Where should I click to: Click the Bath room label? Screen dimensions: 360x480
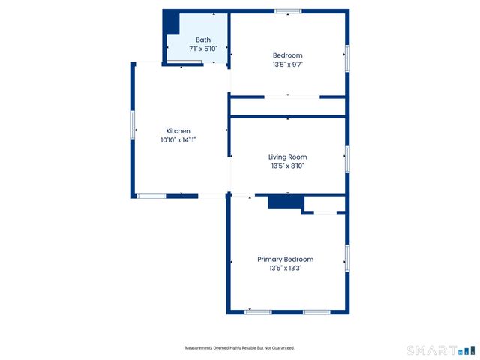pyautogui.click(x=203, y=40)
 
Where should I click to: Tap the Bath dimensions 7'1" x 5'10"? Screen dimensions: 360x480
pyautogui.click(x=203, y=49)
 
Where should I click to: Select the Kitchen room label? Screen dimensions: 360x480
pyautogui.click(x=178, y=131)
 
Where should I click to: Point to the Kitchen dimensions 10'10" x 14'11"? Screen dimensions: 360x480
pyautogui.click(x=178, y=139)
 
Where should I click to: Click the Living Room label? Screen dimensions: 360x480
pyautogui.click(x=288, y=157)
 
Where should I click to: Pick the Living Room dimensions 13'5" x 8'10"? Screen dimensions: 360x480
pyautogui.click(x=288, y=166)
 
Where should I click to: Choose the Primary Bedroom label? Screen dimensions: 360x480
pyautogui.click(x=285, y=259)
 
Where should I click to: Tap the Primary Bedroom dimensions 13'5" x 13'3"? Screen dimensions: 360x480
pyautogui.click(x=285, y=268)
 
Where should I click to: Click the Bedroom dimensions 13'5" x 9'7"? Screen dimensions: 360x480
pyautogui.click(x=288, y=64)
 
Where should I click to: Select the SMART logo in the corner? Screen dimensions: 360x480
pyautogui.click(x=440, y=349)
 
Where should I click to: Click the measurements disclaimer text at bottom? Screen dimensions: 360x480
pyautogui.click(x=240, y=348)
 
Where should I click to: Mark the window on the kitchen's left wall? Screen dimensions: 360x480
pyautogui.click(x=133, y=124)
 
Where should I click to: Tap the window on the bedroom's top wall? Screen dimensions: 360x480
pyautogui.click(x=288, y=11)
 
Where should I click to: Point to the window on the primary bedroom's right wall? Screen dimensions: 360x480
pyautogui.click(x=346, y=257)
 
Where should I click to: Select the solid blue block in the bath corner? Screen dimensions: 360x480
pyautogui.click(x=172, y=22)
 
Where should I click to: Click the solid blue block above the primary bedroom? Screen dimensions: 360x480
pyautogui.click(x=285, y=202)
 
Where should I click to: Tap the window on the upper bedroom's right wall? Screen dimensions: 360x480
pyautogui.click(x=346, y=59)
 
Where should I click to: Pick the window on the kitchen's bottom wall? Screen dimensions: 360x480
pyautogui.click(x=151, y=196)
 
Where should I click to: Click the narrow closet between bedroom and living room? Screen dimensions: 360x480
pyautogui.click(x=288, y=106)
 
